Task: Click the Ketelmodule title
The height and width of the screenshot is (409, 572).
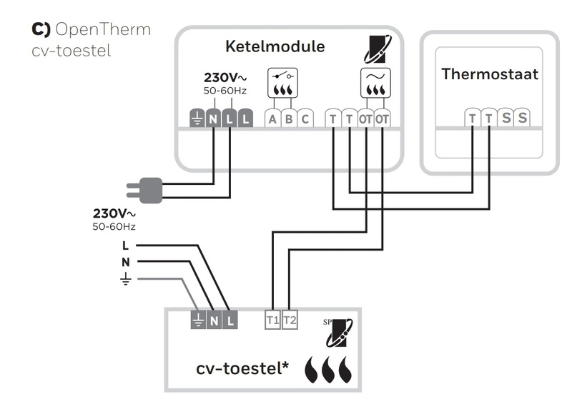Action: click(275, 47)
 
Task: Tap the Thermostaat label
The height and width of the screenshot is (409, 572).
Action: click(489, 74)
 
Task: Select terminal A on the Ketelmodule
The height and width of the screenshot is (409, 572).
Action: click(272, 118)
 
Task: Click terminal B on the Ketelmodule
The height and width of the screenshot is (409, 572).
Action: click(289, 118)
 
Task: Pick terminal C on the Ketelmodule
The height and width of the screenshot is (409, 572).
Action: click(305, 118)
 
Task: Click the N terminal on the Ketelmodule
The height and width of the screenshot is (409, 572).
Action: click(213, 119)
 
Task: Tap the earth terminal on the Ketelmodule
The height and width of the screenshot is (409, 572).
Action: click(197, 119)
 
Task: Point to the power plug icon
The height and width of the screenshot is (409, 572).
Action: click(148, 189)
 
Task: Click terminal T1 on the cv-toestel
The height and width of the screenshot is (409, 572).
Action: click(272, 320)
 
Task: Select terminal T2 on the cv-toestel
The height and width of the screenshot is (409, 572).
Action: click(289, 320)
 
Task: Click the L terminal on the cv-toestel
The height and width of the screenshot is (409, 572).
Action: click(230, 320)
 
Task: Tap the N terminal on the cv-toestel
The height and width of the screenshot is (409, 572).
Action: click(214, 320)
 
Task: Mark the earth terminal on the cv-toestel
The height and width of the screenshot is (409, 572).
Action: click(198, 320)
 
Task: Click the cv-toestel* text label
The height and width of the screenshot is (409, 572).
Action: click(242, 368)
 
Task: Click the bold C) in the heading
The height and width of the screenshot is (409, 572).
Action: click(40, 29)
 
